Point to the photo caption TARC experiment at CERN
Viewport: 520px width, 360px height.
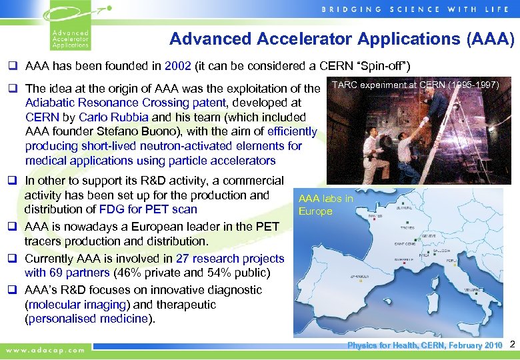(x=415, y=85)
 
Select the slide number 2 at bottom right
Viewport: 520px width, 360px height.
(x=512, y=345)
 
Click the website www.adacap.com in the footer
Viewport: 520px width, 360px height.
(x=45, y=349)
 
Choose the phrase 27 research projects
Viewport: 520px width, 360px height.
(x=230, y=258)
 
